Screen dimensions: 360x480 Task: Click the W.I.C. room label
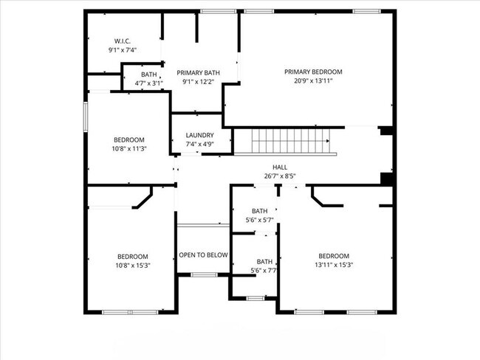point(123,41)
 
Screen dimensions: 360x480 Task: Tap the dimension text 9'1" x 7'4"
point(123,50)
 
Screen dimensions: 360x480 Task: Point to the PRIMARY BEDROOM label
point(313,72)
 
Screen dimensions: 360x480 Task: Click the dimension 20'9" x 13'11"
point(313,81)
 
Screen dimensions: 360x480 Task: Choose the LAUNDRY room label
point(199,135)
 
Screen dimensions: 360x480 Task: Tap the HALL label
point(280,167)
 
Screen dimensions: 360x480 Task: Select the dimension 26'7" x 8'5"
point(280,176)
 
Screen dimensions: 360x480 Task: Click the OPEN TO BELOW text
point(203,255)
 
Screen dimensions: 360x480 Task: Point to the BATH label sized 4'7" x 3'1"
point(149,75)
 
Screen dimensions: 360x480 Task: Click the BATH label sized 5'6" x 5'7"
point(259,211)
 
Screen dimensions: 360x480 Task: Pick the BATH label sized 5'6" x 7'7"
point(264,262)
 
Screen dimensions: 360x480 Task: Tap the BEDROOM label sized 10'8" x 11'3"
point(128,139)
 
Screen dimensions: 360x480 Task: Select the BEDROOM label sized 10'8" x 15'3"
point(132,256)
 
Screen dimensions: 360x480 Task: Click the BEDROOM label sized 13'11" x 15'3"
point(335,256)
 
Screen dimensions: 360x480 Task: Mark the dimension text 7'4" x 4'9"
point(199,145)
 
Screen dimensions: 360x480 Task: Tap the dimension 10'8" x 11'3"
point(128,148)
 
